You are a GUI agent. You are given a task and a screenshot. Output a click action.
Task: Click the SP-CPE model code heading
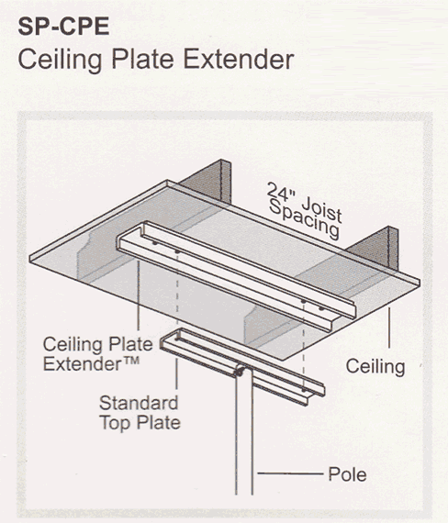click(x=63, y=27)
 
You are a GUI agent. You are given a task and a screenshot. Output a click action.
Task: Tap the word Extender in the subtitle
click(x=239, y=60)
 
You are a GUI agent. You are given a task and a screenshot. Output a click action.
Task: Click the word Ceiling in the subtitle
click(x=60, y=61)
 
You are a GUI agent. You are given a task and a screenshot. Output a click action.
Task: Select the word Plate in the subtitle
click(x=142, y=60)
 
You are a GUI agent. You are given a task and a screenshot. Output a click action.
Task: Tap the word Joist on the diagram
click(x=321, y=209)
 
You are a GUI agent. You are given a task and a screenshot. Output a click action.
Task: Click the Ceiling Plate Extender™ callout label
click(x=98, y=354)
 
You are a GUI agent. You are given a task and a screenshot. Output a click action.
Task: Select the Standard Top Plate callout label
click(x=140, y=413)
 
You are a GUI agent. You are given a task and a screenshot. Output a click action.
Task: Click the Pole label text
click(x=347, y=474)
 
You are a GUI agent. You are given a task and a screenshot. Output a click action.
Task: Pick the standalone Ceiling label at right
click(x=375, y=367)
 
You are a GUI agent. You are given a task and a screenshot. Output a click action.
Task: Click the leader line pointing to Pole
click(x=290, y=473)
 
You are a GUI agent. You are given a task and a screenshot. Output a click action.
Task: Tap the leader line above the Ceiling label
click(x=389, y=328)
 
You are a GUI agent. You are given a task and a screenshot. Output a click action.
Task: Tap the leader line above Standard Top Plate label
click(x=176, y=374)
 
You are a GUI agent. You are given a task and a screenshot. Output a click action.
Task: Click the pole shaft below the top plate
click(x=244, y=434)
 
